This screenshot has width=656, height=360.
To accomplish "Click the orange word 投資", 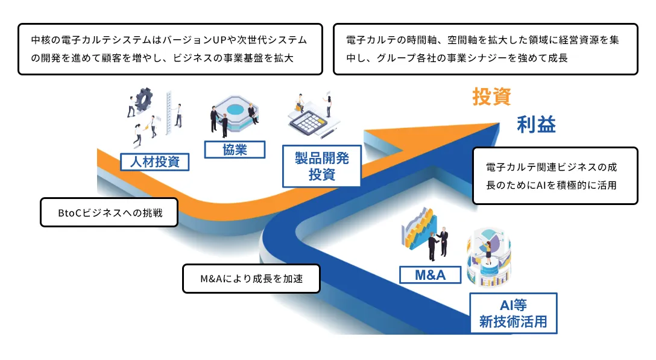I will coord(491,97).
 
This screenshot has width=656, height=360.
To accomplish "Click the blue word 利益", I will coord(536,125).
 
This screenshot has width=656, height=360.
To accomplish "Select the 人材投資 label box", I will coord(155,162).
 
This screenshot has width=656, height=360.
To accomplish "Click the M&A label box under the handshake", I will coord(430,276).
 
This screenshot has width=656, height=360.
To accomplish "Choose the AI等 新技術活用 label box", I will coord(513,313).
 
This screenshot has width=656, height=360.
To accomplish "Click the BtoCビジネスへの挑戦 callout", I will coord(109,213).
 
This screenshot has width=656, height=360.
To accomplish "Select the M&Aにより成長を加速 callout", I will coord(251,279).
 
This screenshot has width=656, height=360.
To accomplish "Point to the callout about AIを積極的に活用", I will coord(555,176).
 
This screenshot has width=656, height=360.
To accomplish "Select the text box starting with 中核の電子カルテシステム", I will coord(170,49).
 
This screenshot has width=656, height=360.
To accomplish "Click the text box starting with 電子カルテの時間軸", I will coord(485,49).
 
